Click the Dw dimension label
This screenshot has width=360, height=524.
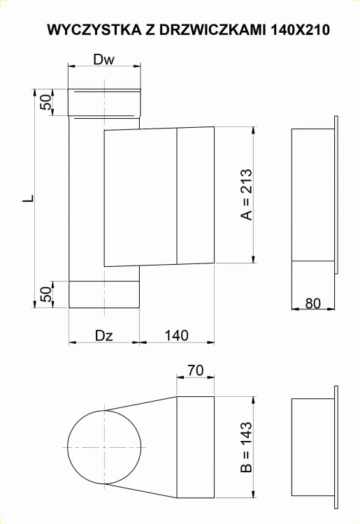103,60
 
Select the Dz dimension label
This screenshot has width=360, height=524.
104,335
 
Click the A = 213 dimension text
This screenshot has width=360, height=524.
245,194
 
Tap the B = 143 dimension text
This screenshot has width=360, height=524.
245,447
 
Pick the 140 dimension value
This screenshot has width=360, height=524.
176,335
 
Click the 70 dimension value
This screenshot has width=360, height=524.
195,371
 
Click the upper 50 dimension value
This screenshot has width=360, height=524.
45,102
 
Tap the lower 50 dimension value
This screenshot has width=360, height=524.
45,294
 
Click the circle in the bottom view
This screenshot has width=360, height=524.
104,447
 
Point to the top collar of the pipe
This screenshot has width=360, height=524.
104,102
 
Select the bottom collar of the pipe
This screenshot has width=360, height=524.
104,294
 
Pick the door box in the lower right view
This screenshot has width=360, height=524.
312,447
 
